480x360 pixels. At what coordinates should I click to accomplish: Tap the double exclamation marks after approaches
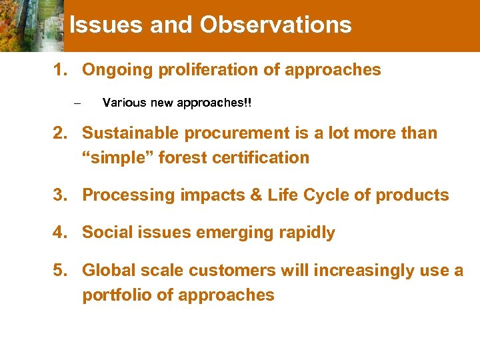coord(249,103)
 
